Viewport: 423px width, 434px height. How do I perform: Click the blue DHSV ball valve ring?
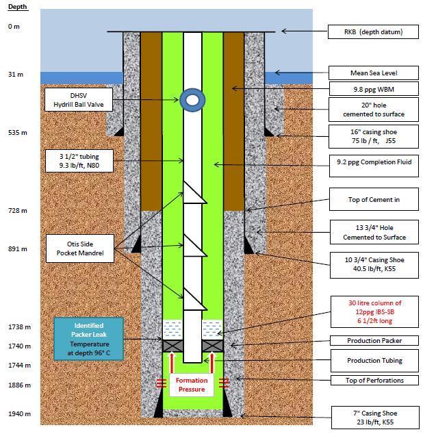(193, 101)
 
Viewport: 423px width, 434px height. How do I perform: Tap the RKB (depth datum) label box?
(372, 31)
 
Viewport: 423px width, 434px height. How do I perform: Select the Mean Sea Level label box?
(372, 73)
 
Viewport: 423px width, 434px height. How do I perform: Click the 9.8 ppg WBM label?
(372, 89)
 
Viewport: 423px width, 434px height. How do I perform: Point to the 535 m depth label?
(17, 132)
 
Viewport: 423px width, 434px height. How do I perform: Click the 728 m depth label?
(17, 211)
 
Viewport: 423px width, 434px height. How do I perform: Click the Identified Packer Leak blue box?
(89, 337)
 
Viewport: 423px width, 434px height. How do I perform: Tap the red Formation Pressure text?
(193, 385)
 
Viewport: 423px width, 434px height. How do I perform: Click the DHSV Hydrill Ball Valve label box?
(77, 99)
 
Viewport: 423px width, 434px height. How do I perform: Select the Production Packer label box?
(372, 341)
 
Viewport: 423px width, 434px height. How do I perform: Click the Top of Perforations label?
(372, 380)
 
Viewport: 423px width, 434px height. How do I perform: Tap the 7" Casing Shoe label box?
(372, 417)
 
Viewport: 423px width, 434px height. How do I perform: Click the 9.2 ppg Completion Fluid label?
(372, 164)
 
